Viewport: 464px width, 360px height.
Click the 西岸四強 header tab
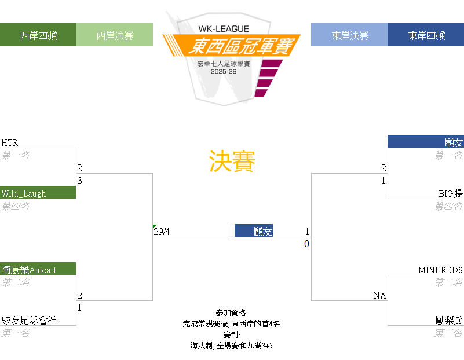click(x=38, y=35)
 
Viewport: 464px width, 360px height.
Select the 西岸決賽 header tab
click(x=115, y=35)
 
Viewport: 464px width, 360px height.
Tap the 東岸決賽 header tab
click(x=349, y=35)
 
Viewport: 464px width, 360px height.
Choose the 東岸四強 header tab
click(x=426, y=35)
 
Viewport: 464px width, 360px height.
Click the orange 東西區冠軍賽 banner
click(x=231, y=46)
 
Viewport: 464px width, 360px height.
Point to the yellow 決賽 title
click(x=232, y=161)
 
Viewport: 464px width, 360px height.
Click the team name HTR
click(x=10, y=143)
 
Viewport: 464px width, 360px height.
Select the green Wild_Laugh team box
click(x=38, y=192)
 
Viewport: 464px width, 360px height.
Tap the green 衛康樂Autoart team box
click(x=38, y=269)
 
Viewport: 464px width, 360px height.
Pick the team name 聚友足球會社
click(x=29, y=321)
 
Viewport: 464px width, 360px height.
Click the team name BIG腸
click(x=451, y=193)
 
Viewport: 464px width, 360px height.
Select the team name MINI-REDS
click(x=440, y=270)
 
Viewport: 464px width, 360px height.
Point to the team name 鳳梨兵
click(x=449, y=321)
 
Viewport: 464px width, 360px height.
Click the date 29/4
click(x=162, y=232)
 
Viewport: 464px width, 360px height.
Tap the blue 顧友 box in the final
click(x=254, y=230)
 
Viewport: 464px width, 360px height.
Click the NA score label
click(x=380, y=296)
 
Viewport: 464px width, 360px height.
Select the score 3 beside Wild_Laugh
click(x=79, y=181)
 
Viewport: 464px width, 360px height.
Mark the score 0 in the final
click(x=306, y=244)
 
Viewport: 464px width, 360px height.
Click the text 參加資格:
click(x=232, y=313)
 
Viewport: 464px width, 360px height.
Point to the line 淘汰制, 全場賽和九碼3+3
click(x=231, y=346)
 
